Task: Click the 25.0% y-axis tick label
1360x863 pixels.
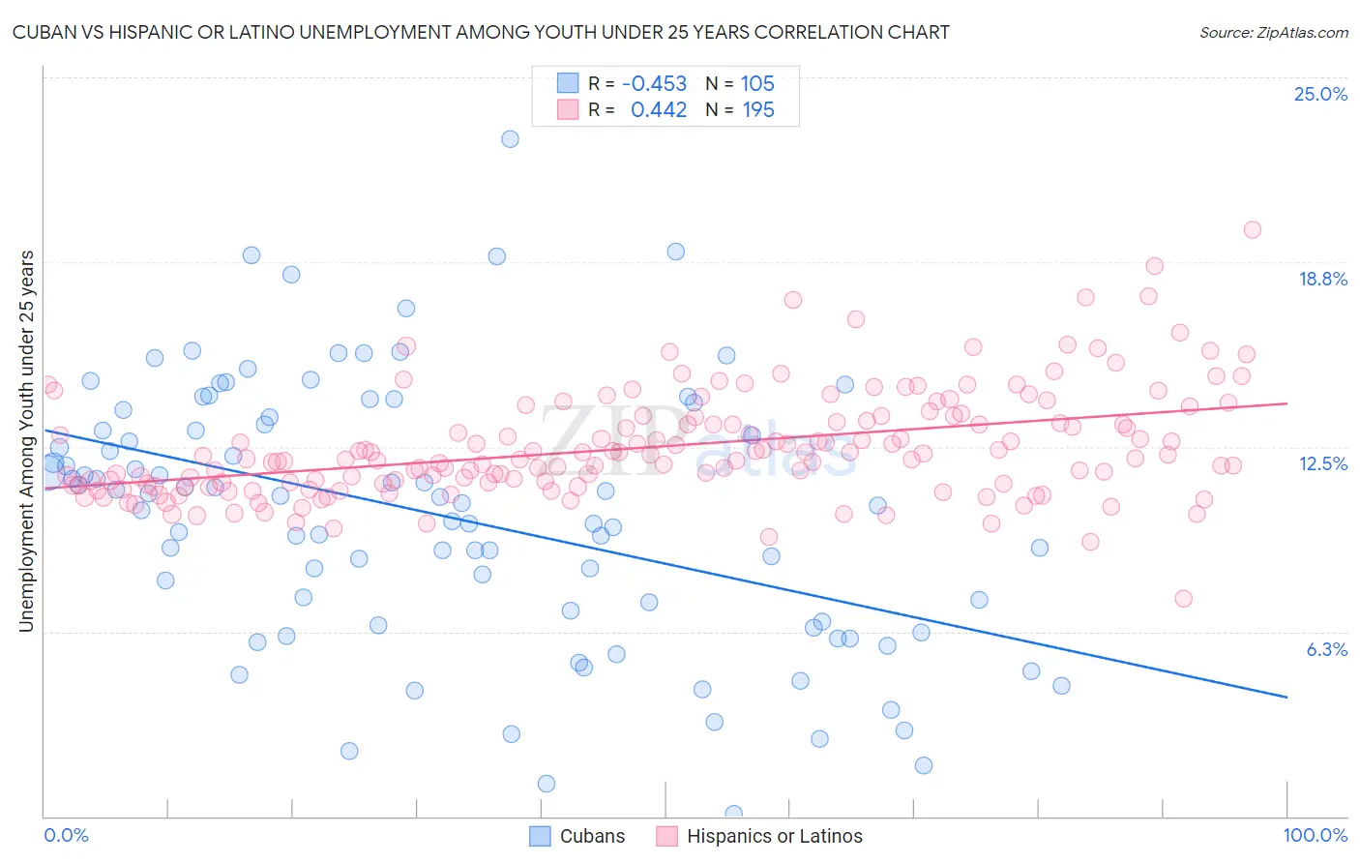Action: click(1320, 94)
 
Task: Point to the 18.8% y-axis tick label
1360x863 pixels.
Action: click(1322, 279)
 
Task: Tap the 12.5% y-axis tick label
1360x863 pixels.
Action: click(1322, 463)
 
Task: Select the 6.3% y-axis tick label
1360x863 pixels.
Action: click(1326, 649)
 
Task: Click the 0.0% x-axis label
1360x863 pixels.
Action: click(67, 836)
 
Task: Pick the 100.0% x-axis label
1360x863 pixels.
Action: click(1315, 836)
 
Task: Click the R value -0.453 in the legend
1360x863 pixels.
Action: click(654, 84)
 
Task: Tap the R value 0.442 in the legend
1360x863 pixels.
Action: click(658, 110)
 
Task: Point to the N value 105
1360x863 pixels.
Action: click(757, 84)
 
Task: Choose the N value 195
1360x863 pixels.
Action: click(757, 110)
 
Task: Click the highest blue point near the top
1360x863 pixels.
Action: click(510, 138)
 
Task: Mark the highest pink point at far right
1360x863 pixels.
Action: click(1252, 229)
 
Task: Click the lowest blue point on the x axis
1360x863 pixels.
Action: click(733, 814)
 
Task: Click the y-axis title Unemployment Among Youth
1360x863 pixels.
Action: click(26, 441)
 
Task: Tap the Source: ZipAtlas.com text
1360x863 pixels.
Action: click(1273, 33)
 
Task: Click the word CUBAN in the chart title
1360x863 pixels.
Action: click(46, 32)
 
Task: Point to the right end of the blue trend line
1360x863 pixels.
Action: click(1286, 697)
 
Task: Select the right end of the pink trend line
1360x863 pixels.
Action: click(1286, 402)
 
